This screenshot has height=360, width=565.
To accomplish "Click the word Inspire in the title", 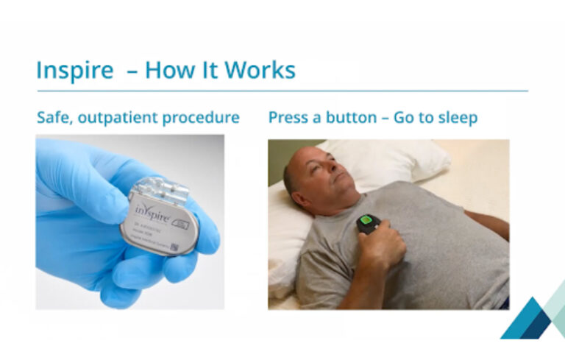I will tap(74, 71).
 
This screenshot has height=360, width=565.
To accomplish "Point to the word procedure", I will tap(207, 117).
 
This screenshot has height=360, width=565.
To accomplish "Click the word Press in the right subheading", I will tap(288, 117).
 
